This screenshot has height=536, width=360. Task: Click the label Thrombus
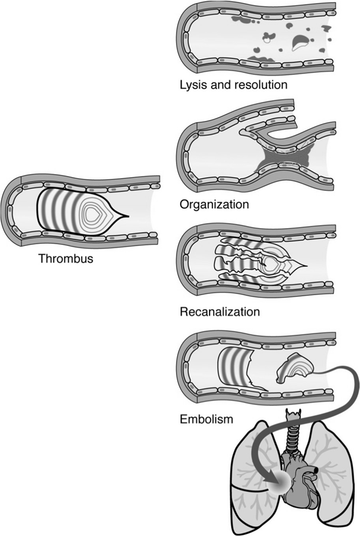click(65, 259)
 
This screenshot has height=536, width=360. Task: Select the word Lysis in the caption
click(192, 86)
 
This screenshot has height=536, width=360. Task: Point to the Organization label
click(214, 204)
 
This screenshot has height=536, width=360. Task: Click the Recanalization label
click(219, 313)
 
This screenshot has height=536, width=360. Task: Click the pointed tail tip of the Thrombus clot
click(127, 217)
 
